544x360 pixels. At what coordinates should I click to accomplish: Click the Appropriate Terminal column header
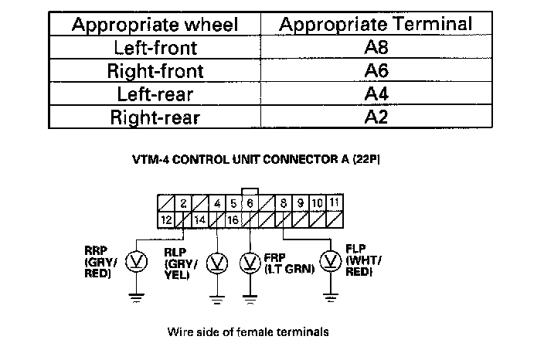[x=376, y=24]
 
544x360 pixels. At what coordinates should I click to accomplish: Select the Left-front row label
[x=155, y=48]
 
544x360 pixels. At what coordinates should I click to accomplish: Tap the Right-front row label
[x=155, y=71]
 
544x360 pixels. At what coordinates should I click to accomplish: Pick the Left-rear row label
[x=155, y=94]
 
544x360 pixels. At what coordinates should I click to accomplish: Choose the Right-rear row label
[x=155, y=118]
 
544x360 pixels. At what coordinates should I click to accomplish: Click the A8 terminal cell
[x=376, y=48]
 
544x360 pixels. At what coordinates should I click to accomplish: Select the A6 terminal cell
[x=376, y=71]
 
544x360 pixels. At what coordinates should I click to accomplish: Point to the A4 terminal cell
[x=376, y=94]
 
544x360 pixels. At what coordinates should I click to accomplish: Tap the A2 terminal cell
[x=376, y=118]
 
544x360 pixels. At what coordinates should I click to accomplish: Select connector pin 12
[x=166, y=219]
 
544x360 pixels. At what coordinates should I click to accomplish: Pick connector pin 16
[x=233, y=219]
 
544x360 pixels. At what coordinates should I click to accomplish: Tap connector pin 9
[x=301, y=203]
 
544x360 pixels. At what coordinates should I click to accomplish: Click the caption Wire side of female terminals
[x=248, y=332]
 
